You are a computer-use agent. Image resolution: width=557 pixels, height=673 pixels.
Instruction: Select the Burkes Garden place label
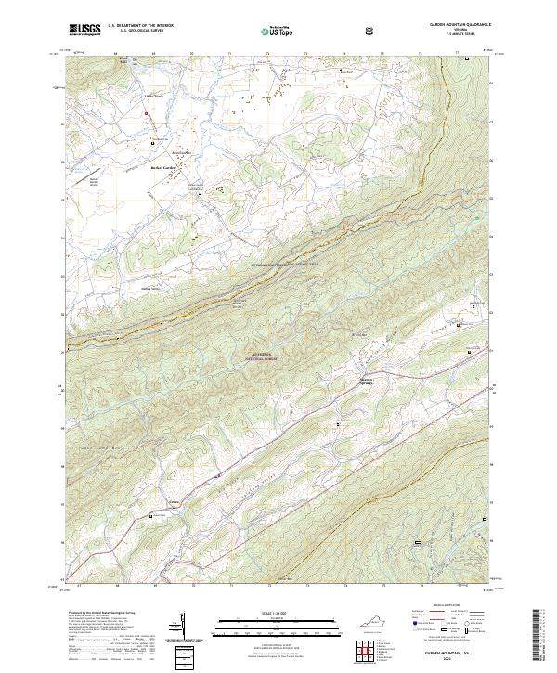[163, 168]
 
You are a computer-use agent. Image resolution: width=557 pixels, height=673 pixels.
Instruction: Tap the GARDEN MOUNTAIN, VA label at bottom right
[449, 651]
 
